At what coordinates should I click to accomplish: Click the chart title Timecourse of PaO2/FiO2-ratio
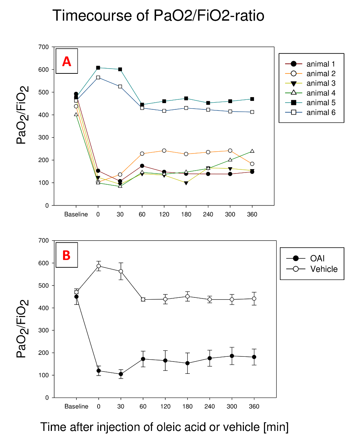pyautogui.click(x=158, y=16)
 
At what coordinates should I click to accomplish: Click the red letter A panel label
pyautogui.click(x=66, y=61)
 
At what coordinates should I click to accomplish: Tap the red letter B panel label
pyautogui.click(x=66, y=256)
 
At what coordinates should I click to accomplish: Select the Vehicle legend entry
pyautogui.click(x=324, y=269)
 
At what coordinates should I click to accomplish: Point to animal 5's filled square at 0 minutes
pyautogui.click(x=98, y=68)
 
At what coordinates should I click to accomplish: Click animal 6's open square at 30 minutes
pyautogui.click(x=120, y=86)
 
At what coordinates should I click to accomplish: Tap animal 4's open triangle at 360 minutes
pyautogui.click(x=252, y=151)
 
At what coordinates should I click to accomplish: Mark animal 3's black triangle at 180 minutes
pyautogui.click(x=186, y=183)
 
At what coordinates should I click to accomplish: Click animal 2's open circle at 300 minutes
pyautogui.click(x=230, y=151)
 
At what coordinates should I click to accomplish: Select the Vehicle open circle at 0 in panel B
pyautogui.click(x=99, y=266)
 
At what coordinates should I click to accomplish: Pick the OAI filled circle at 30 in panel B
pyautogui.click(x=120, y=374)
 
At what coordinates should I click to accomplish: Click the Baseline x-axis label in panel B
pyautogui.click(x=76, y=406)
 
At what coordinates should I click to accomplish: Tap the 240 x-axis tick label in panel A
pyautogui.click(x=208, y=214)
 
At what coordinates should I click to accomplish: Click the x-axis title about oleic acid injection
pyautogui.click(x=164, y=427)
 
